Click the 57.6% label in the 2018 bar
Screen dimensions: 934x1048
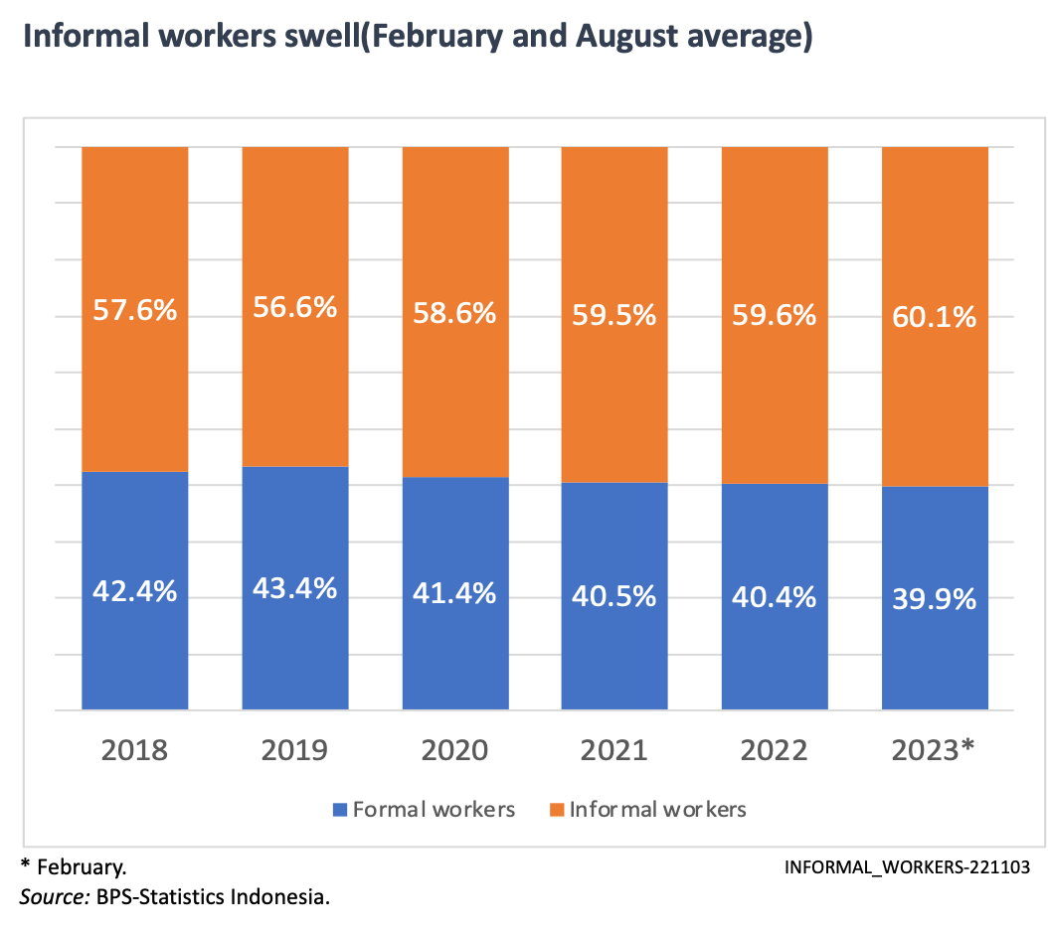[134, 310]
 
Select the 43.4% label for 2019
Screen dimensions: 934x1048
[295, 588]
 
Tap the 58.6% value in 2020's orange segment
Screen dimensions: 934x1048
[454, 314]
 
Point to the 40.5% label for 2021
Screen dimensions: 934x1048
[614, 596]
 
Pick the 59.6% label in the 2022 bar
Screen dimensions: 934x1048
[774, 315]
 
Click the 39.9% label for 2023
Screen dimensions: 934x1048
[935, 600]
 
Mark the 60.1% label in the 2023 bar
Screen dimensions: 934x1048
[935, 318]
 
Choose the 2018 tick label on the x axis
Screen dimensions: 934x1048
[134, 749]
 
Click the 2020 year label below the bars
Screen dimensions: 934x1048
[454, 749]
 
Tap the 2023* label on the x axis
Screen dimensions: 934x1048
[936, 749]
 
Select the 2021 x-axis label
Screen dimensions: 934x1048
[614, 749]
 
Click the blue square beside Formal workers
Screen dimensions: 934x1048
[340, 810]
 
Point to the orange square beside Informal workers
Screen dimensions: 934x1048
[557, 810]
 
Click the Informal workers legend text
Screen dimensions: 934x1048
[657, 810]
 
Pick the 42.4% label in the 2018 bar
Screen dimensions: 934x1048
[134, 591]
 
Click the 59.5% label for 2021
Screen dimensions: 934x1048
[614, 315]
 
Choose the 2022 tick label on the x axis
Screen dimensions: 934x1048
[774, 749]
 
